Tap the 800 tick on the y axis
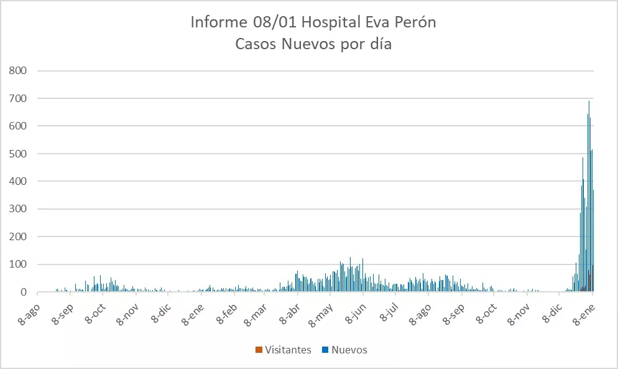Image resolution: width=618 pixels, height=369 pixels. [x=19, y=70]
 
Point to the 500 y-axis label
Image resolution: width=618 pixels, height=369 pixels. [x=19, y=154]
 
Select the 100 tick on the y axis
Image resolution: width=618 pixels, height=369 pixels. [x=19, y=264]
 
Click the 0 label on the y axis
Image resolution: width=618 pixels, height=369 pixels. [x=24, y=292]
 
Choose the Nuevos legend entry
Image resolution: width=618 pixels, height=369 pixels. [x=349, y=350]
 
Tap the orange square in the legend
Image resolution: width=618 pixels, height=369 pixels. [x=259, y=350]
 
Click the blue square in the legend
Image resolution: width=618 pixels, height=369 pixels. [x=325, y=350]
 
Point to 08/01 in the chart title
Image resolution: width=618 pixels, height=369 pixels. [x=269, y=24]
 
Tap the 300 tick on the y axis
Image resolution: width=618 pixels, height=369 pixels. [x=19, y=209]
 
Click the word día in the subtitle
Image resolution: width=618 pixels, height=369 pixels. [x=379, y=45]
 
